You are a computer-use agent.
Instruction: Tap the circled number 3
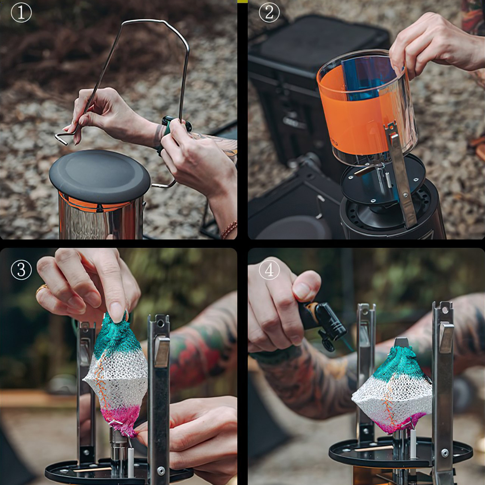[21, 270]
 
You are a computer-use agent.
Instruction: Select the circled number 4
[269, 270]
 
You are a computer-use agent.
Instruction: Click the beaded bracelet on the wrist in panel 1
[229, 229]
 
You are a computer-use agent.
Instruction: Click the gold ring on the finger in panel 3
[42, 288]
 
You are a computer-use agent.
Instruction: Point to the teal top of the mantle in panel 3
[115, 337]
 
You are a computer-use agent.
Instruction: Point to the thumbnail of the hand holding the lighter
[302, 291]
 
